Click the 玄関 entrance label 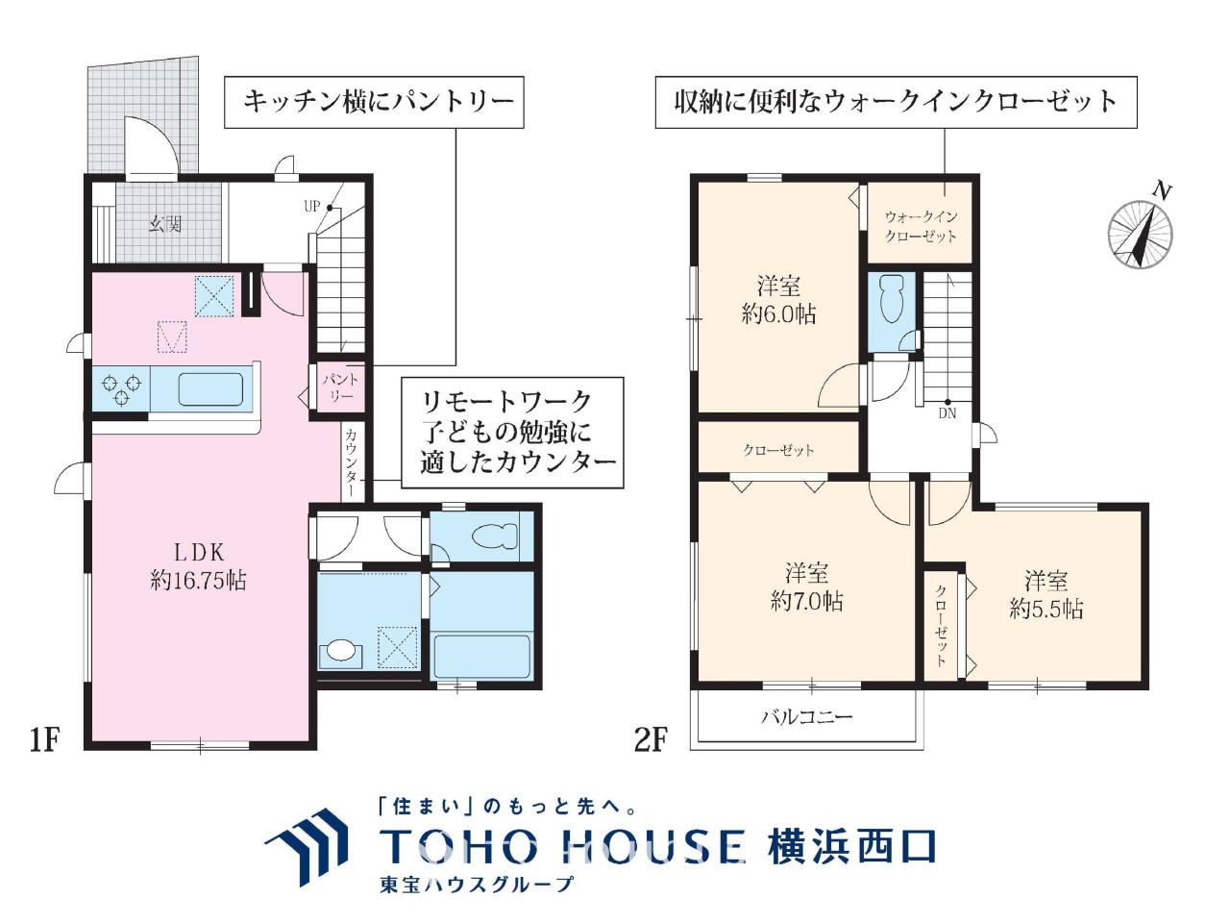tap(165, 225)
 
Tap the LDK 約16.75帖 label tap(198, 566)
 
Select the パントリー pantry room tap(341, 387)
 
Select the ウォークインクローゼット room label tap(921, 226)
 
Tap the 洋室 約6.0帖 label tap(778, 300)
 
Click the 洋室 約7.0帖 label tap(806, 587)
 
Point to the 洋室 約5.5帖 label tap(1045, 594)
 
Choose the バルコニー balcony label tap(807, 716)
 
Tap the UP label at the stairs tap(311, 206)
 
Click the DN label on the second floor tap(947, 413)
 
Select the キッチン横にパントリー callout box tap(374, 102)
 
